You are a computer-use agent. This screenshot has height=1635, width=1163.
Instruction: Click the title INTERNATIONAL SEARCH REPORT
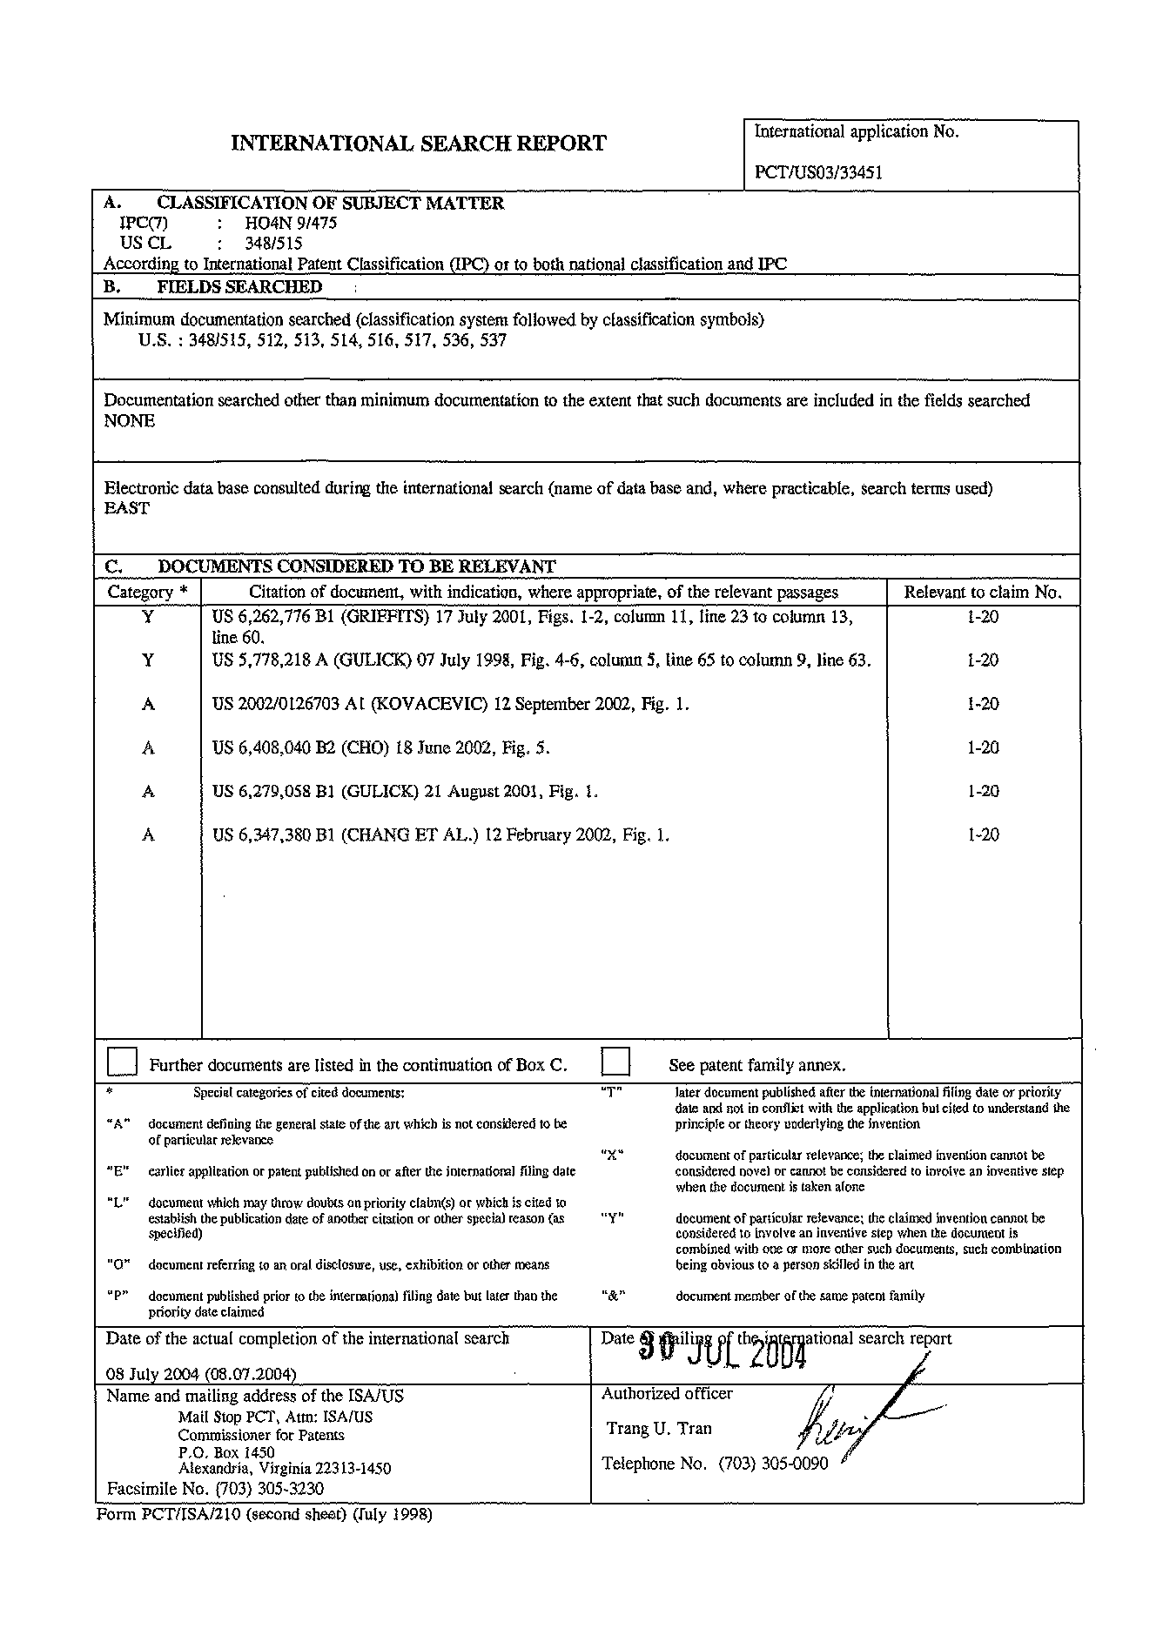pyautogui.click(x=418, y=144)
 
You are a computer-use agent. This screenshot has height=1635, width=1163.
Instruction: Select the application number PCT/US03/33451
pyautogui.click(x=818, y=172)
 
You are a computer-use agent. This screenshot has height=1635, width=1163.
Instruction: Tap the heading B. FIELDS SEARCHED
pyautogui.click(x=213, y=287)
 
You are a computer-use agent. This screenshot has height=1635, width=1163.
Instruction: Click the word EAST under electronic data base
pyautogui.click(x=127, y=509)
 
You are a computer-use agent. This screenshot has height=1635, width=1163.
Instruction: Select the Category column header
pyautogui.click(x=147, y=593)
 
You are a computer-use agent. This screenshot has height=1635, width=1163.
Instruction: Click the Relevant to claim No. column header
pyautogui.click(x=983, y=593)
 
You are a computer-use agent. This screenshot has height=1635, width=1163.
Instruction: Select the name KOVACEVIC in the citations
pyautogui.click(x=429, y=705)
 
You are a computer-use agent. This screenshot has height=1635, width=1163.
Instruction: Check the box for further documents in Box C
pyautogui.click(x=122, y=1062)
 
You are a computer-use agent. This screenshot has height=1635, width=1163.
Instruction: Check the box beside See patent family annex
pyautogui.click(x=615, y=1062)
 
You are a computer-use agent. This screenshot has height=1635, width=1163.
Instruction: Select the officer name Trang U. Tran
pyautogui.click(x=659, y=1428)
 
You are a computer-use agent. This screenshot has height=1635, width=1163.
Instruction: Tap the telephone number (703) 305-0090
pyautogui.click(x=773, y=1464)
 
